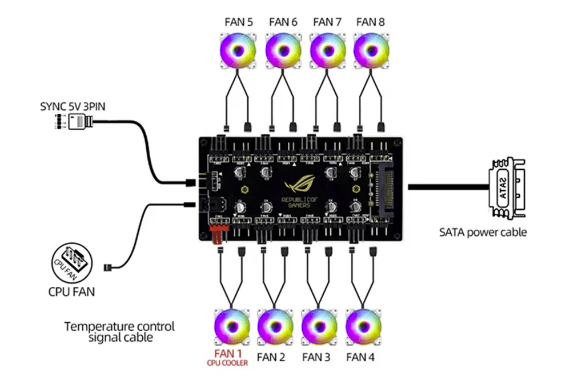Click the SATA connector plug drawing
(505, 188)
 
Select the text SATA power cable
(483, 232)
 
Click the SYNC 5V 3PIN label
(70, 106)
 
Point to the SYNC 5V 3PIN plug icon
(78, 122)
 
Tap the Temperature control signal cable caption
(119, 332)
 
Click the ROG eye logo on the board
(299, 186)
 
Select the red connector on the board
(218, 235)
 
